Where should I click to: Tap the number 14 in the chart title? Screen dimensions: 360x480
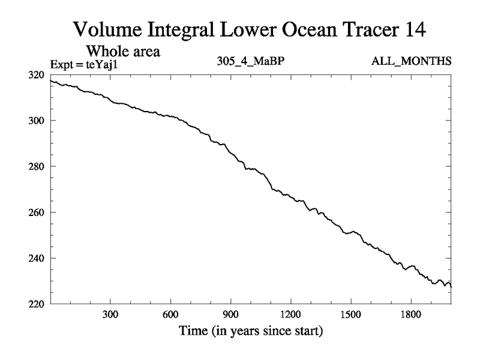[392, 29]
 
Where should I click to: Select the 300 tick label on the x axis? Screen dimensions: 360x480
[110, 314]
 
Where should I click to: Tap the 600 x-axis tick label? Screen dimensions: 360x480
[170, 314]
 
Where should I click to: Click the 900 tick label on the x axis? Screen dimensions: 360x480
[230, 314]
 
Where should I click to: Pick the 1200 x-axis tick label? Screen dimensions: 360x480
[290, 314]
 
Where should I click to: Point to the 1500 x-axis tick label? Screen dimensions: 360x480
[350, 314]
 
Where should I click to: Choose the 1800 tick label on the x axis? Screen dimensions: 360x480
[410, 314]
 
